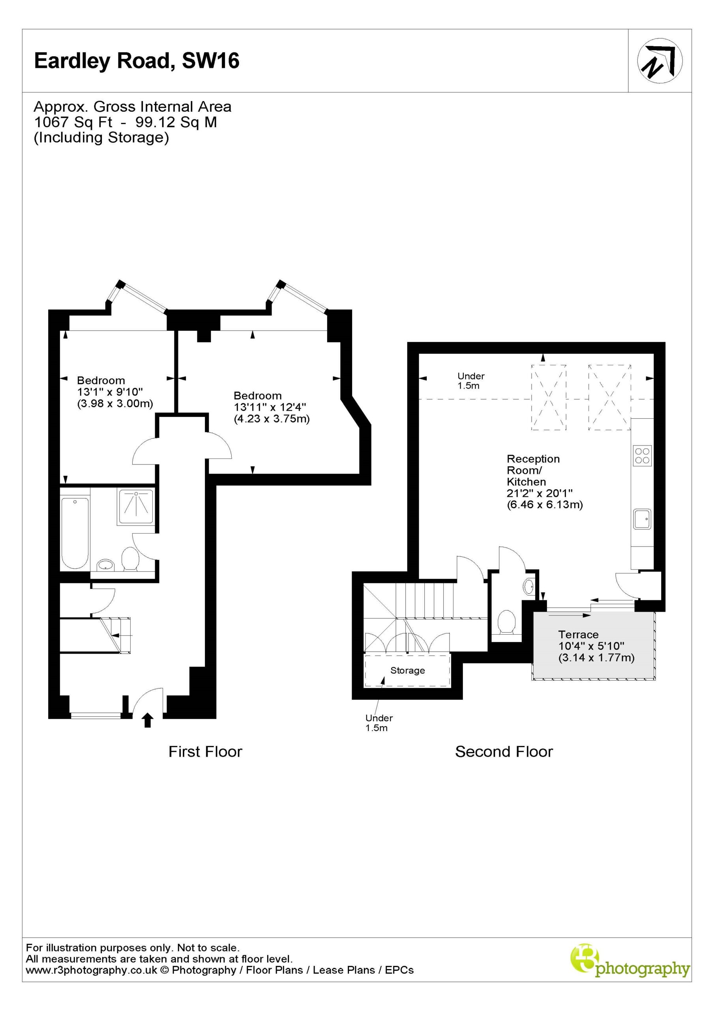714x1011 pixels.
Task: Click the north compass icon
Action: [x=660, y=61]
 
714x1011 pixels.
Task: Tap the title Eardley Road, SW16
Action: [x=137, y=61]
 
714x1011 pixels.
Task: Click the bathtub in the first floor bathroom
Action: [x=75, y=532]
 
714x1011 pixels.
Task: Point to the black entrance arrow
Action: [x=148, y=720]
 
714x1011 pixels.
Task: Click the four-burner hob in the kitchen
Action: [x=642, y=455]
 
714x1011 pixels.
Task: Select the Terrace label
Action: [x=578, y=635]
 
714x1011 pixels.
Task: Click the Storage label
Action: [x=408, y=671]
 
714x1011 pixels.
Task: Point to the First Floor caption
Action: [x=205, y=752]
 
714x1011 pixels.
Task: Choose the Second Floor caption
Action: [x=504, y=752]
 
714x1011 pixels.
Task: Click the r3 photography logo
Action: [x=630, y=966]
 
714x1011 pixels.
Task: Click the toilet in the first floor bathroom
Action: [x=130, y=559]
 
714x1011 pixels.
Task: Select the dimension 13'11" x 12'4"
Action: [x=270, y=407]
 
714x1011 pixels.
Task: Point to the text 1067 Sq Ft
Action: [x=73, y=122]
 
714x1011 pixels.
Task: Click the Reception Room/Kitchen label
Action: [x=533, y=470]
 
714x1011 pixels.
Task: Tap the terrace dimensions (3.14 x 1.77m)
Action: [x=596, y=658]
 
